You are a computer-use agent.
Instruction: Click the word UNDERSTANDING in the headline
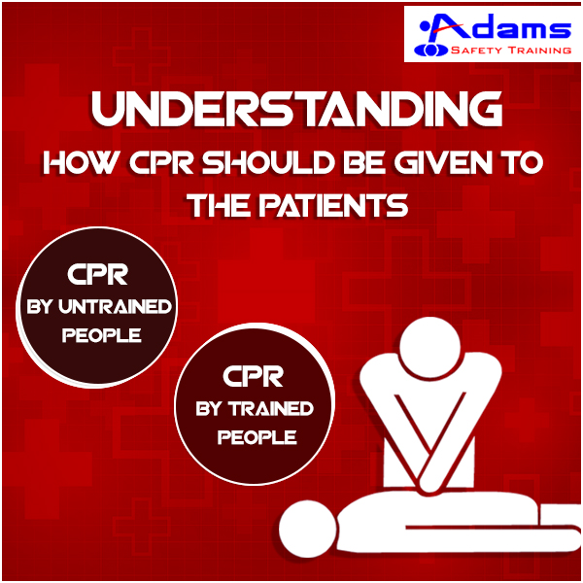(x=296, y=109)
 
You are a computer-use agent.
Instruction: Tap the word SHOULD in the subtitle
(x=266, y=162)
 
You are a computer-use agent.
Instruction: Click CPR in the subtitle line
(x=161, y=162)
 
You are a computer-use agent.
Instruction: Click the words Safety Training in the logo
(x=511, y=50)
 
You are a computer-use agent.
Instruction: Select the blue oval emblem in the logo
(x=430, y=50)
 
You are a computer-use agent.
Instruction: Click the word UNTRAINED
(x=115, y=306)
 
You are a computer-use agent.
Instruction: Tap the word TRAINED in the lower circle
(x=271, y=408)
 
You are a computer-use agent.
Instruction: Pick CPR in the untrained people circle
(x=98, y=274)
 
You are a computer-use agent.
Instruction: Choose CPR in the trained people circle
(x=254, y=376)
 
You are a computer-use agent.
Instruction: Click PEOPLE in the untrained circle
(x=101, y=335)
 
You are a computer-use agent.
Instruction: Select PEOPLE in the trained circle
(x=257, y=437)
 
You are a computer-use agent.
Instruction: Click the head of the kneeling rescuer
(x=430, y=347)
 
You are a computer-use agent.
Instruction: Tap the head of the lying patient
(x=308, y=529)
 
